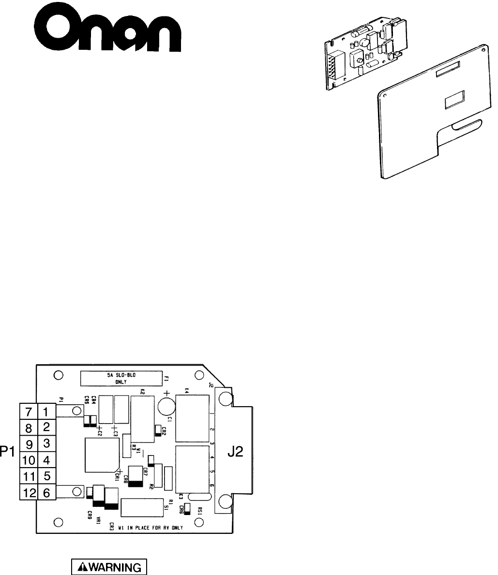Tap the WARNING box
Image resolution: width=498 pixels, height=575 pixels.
(x=109, y=567)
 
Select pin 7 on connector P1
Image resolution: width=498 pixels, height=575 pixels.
(x=29, y=413)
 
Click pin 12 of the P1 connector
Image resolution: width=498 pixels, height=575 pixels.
(x=28, y=493)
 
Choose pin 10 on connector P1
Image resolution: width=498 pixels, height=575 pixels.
(x=28, y=460)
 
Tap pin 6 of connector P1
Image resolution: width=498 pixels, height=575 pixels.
(x=47, y=493)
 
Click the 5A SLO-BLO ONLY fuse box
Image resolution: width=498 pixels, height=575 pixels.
(x=121, y=377)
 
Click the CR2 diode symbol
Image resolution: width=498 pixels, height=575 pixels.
(x=158, y=430)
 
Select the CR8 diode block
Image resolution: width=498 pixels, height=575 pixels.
(x=135, y=476)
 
